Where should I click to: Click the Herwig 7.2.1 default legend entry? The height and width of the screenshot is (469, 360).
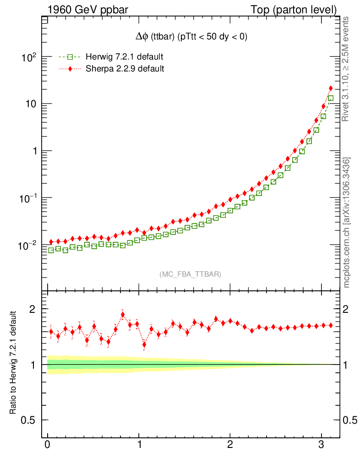[124, 57]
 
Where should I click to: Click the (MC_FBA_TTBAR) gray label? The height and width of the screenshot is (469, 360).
[190, 274]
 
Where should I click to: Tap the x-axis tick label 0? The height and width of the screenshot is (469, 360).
[47, 446]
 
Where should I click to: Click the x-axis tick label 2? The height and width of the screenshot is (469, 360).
[230, 446]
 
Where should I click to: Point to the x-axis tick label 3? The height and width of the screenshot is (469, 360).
[322, 446]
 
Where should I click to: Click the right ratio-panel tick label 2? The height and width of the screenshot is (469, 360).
[349, 309]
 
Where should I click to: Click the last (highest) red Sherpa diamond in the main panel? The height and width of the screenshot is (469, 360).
[331, 88]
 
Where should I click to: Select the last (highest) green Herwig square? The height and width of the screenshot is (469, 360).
[331, 98]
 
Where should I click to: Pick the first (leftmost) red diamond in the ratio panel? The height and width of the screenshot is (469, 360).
[51, 331]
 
